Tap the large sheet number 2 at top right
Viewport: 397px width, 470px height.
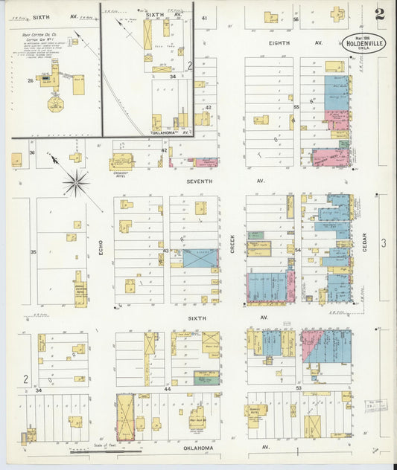tap(381, 14)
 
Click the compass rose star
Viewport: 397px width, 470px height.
tap(76, 181)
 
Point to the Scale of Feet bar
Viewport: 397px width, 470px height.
tap(104, 449)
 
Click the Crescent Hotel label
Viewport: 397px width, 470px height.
tap(122, 173)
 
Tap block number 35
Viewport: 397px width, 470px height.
tap(33, 252)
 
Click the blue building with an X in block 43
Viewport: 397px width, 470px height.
tap(201, 258)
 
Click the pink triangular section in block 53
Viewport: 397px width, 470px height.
tap(311, 345)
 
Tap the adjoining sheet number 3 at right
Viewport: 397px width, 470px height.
tap(384, 242)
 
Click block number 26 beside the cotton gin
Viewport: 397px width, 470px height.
tap(31, 80)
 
